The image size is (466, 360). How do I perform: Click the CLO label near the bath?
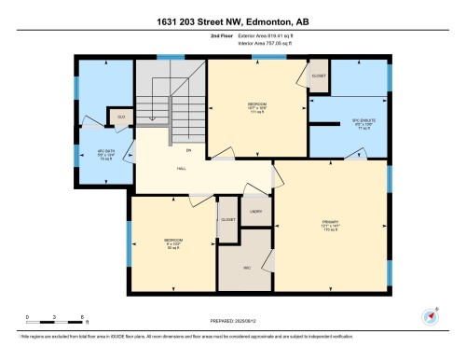coord(121,117)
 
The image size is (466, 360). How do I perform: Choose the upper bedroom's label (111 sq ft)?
coord(258,106)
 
